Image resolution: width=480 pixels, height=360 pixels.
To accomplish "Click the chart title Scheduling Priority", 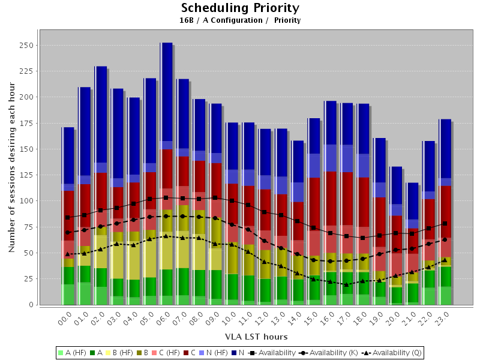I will pyautogui.click(x=240, y=8).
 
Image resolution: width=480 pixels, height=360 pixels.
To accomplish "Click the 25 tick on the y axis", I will pyautogui.click(x=27, y=279).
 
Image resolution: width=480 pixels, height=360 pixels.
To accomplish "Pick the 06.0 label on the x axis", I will pyautogui.click(x=164, y=317).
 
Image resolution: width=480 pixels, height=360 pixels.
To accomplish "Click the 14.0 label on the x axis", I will pyautogui.click(x=296, y=317).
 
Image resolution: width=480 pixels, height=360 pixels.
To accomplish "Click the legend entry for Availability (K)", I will pyautogui.click(x=328, y=352).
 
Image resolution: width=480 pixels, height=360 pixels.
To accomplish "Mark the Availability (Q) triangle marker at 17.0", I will pyautogui.click(x=346, y=284).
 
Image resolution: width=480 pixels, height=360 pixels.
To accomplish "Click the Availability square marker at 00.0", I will pyautogui.click(x=68, y=217).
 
